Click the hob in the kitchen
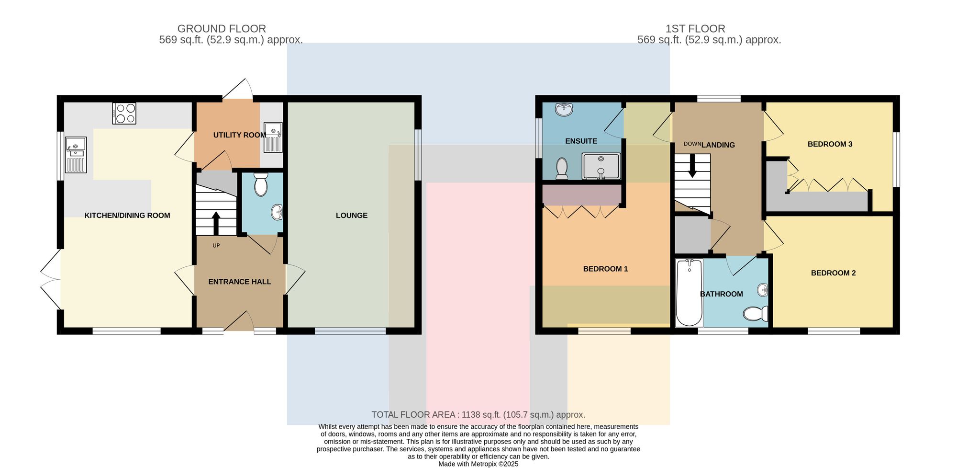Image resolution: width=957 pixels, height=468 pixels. [124, 114]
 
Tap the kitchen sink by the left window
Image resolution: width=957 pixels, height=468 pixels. [76, 155]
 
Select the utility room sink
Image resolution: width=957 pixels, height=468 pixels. [273, 137]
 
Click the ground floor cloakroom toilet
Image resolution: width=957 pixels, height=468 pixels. [261, 184]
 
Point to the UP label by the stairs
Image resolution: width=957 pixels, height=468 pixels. [216, 246]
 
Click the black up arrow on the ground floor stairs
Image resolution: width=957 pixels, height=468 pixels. [216, 223]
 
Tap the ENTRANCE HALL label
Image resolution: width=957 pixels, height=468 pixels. [240, 282]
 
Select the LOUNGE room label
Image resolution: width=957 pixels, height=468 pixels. [352, 216]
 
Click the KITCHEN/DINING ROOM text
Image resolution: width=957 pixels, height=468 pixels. [127, 216]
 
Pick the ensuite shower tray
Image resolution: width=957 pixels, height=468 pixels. [601, 166]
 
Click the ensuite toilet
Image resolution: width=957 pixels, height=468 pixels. [562, 169]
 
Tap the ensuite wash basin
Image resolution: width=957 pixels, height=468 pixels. [564, 109]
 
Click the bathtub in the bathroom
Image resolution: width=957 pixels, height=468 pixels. [689, 293]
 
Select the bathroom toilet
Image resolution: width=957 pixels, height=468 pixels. [756, 314]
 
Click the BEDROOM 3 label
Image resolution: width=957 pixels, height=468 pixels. [830, 144]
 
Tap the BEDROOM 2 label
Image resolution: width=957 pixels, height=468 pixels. [834, 273]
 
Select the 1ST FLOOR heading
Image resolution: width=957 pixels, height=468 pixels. [695, 29]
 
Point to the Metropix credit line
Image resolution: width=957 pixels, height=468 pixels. [478, 464]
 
